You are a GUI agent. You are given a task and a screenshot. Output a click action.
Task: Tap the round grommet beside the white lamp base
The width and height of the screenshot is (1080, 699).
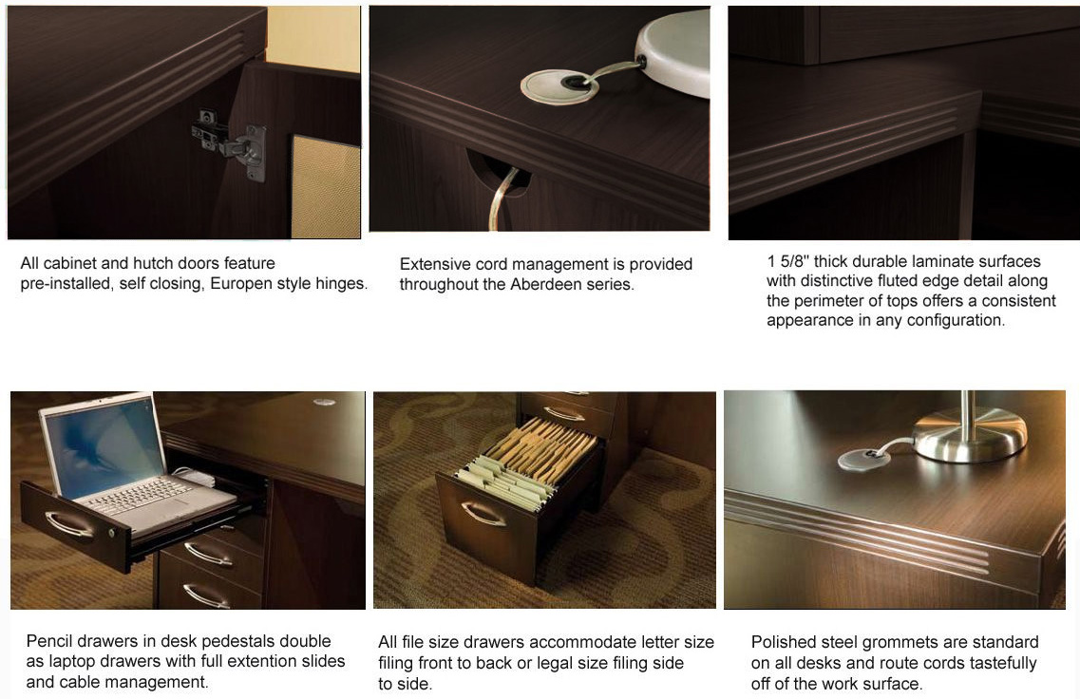(x=559, y=88)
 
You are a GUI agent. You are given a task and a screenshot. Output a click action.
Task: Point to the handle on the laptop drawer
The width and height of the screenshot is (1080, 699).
(x=69, y=524)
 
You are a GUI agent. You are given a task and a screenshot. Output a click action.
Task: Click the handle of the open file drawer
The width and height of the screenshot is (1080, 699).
(x=483, y=513)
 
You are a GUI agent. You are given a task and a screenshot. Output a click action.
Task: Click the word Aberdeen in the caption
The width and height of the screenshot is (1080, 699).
(x=543, y=284)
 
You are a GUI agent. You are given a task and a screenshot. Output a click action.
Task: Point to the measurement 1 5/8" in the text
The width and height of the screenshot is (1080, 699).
(x=788, y=262)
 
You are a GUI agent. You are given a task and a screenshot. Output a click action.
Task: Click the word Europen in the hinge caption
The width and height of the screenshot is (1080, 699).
(x=240, y=284)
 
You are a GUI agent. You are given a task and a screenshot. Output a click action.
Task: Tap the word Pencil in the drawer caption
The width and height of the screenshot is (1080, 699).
(x=49, y=641)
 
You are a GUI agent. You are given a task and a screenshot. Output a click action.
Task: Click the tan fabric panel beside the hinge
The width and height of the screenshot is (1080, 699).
(x=325, y=187)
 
